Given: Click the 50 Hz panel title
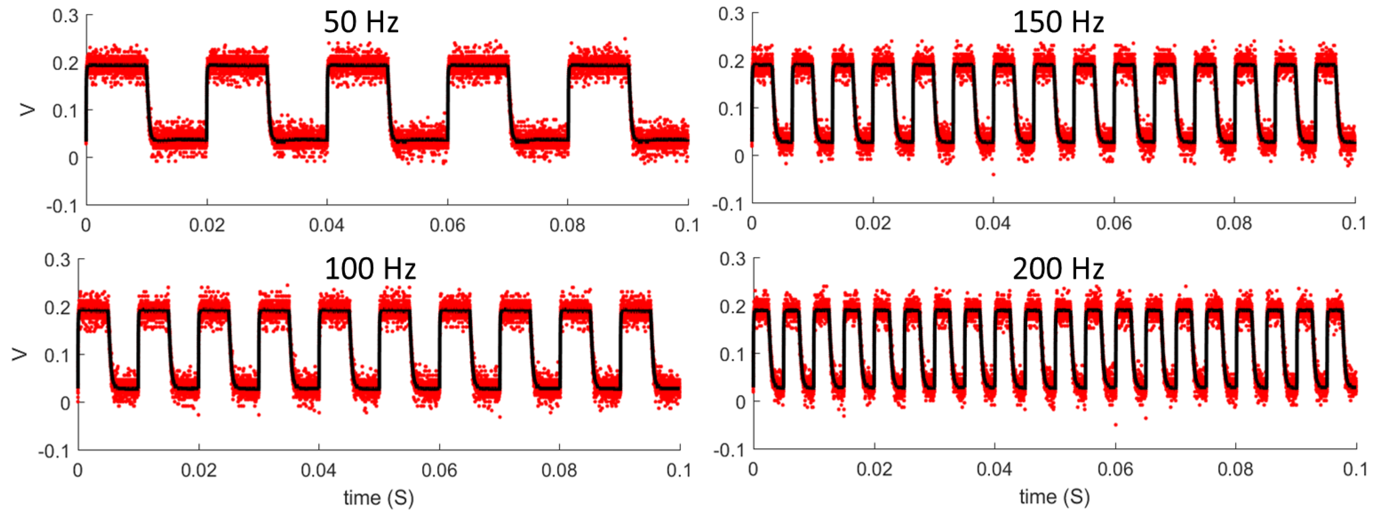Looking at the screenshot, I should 361,23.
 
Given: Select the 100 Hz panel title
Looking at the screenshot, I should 370,269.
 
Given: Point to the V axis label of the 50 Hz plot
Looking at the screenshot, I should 27,110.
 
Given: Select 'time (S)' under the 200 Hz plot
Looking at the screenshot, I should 1054,497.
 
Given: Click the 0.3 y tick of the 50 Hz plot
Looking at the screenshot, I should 65,16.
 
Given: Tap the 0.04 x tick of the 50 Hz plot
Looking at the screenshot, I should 327,225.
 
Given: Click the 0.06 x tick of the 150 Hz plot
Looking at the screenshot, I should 1113,223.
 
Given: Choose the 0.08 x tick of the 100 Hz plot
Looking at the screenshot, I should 559,470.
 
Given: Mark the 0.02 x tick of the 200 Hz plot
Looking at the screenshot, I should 874,469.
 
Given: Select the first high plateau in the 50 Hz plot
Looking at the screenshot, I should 116,66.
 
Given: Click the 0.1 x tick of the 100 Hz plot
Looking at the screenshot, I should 679,470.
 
